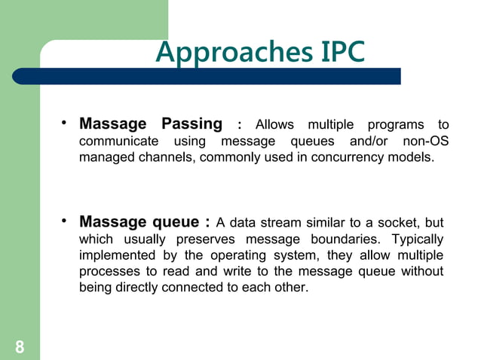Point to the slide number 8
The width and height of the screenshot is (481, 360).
pyautogui.click(x=19, y=346)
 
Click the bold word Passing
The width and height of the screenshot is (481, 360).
pyautogui.click(x=192, y=124)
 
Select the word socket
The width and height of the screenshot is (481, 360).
pyautogui.click(x=386, y=223)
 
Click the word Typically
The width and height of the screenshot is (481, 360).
pyautogui.click(x=418, y=239)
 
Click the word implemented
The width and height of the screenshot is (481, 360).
pyautogui.click(x=115, y=255)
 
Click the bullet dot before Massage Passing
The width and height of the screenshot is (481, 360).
pyautogui.click(x=66, y=122)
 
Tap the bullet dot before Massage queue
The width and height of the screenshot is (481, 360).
pyautogui.click(x=66, y=221)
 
